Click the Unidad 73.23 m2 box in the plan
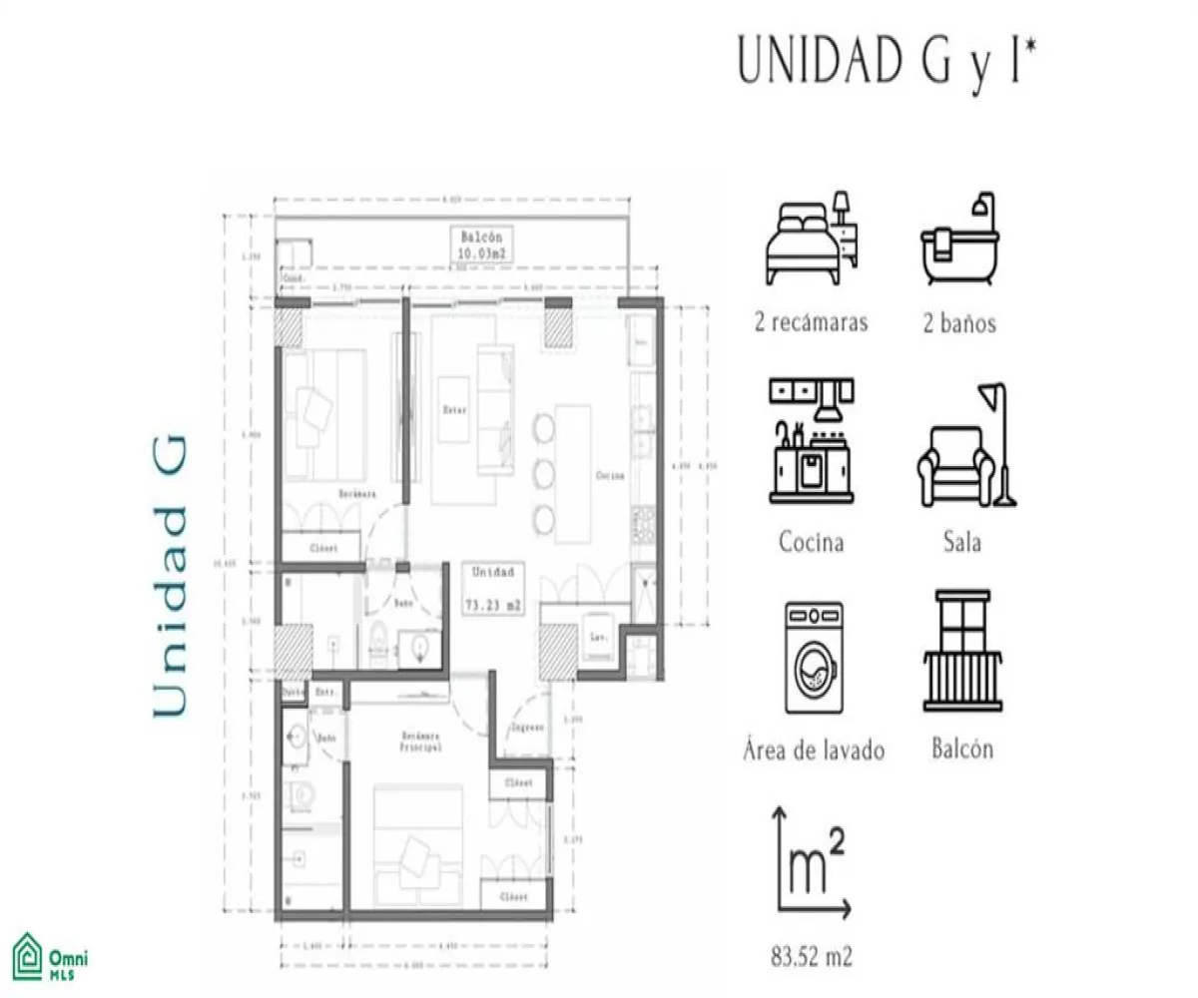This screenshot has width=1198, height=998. (x=489, y=589)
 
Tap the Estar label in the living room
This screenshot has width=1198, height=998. (x=455, y=410)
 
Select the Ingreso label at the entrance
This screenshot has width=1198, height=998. (x=526, y=728)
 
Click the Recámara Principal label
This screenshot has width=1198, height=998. (x=413, y=741)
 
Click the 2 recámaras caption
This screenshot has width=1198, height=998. (x=812, y=323)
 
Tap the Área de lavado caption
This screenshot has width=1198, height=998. (x=814, y=750)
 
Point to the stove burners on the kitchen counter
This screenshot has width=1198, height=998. (x=644, y=523)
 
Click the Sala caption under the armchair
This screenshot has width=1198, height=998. (x=961, y=543)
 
